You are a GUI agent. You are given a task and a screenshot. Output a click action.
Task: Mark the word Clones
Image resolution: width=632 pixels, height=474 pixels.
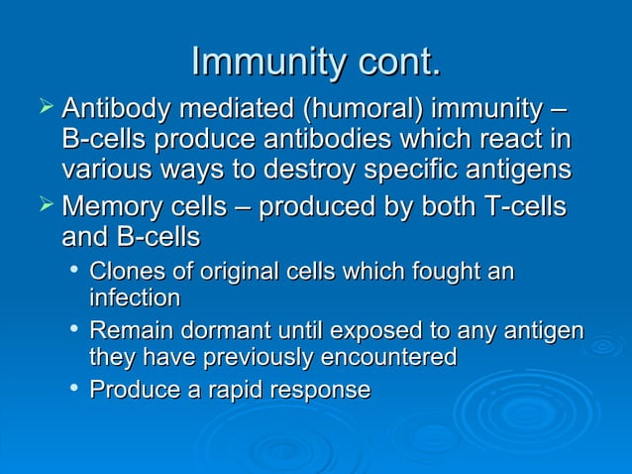[x=123, y=271]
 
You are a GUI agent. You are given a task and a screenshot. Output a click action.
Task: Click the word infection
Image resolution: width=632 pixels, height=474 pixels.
[x=135, y=297]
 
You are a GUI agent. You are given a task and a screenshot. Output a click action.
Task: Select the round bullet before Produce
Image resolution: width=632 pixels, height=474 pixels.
[x=73, y=389]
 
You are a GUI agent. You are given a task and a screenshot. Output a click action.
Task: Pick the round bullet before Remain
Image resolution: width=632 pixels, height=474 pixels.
[x=73, y=328]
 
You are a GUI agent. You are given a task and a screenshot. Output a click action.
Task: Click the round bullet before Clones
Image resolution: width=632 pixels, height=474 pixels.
[x=73, y=270]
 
